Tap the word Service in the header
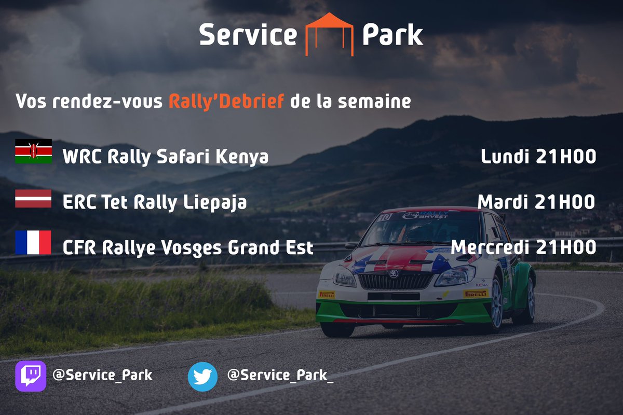point(248,35)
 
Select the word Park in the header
point(392,35)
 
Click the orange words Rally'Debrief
point(226,101)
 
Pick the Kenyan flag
point(33,151)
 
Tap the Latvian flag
point(33,199)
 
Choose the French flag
point(33,243)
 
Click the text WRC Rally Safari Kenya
point(166,157)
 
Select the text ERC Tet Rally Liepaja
point(155,203)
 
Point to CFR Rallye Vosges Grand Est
point(188,248)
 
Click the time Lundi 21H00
point(538,157)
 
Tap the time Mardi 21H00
point(536,202)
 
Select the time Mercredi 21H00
point(523,247)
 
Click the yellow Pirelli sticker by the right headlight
point(476,294)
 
